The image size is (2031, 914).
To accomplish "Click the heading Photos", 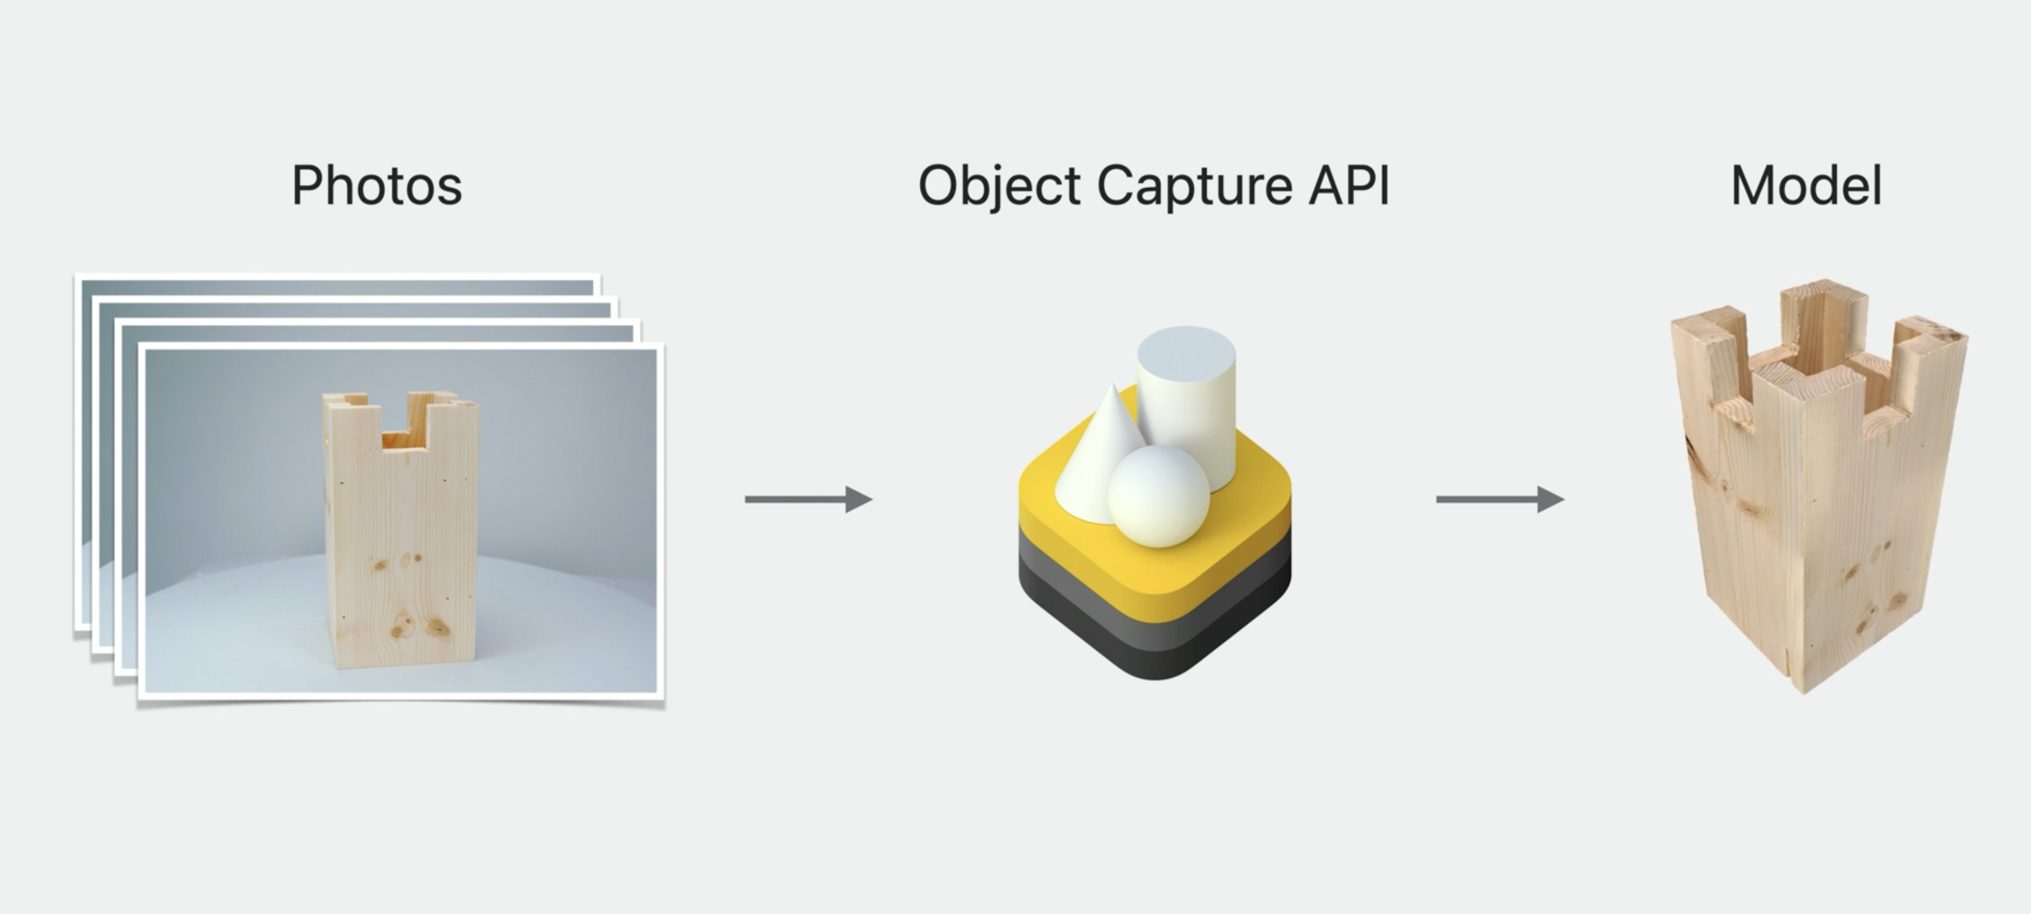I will (x=377, y=186).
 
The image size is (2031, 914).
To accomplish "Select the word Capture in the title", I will (x=1194, y=186).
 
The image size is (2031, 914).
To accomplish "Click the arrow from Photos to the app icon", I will (x=808, y=499).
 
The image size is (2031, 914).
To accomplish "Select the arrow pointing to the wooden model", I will (x=1500, y=499).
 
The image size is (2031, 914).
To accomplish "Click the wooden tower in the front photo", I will (x=401, y=537).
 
